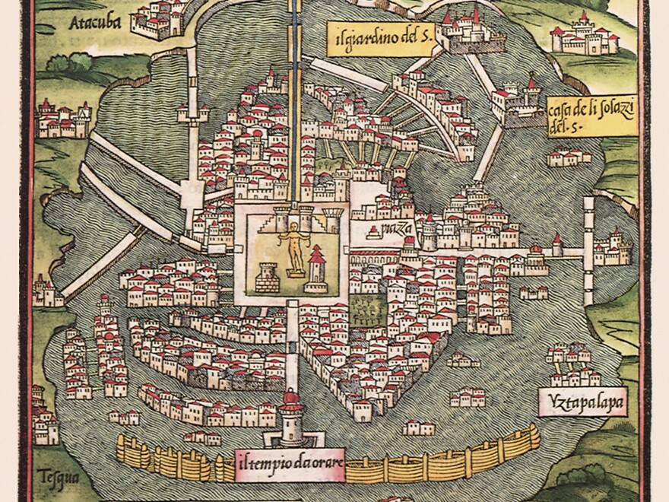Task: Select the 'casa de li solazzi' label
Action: [x=591, y=114]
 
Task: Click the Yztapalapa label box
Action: [x=582, y=401]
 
